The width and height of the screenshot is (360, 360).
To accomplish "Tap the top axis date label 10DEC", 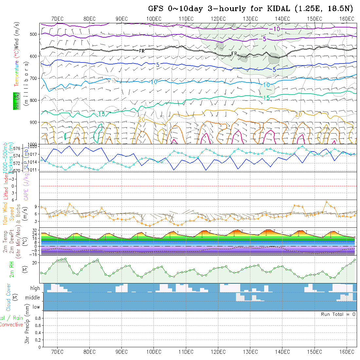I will coord(154,19).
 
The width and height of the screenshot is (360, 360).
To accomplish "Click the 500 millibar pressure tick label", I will coord(35,34).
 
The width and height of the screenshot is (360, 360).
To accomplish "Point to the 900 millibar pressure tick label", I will coord(35,122).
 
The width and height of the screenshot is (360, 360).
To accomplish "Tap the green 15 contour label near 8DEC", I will coord(101,114).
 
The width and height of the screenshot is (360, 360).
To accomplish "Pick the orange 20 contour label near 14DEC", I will coord(298,114).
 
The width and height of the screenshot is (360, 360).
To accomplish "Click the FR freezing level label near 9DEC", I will coord(142,51).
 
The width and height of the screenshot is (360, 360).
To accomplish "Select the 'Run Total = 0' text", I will coord(338,314).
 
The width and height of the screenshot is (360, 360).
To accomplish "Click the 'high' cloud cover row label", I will coord(35,288).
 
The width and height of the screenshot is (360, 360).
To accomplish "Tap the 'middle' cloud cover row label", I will coord(33,297).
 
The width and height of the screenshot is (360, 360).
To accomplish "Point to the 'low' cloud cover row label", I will coord(36,307).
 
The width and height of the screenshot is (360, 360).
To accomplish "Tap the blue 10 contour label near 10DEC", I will coord(154,82).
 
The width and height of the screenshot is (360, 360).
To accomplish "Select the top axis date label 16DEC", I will coord(347,19).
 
